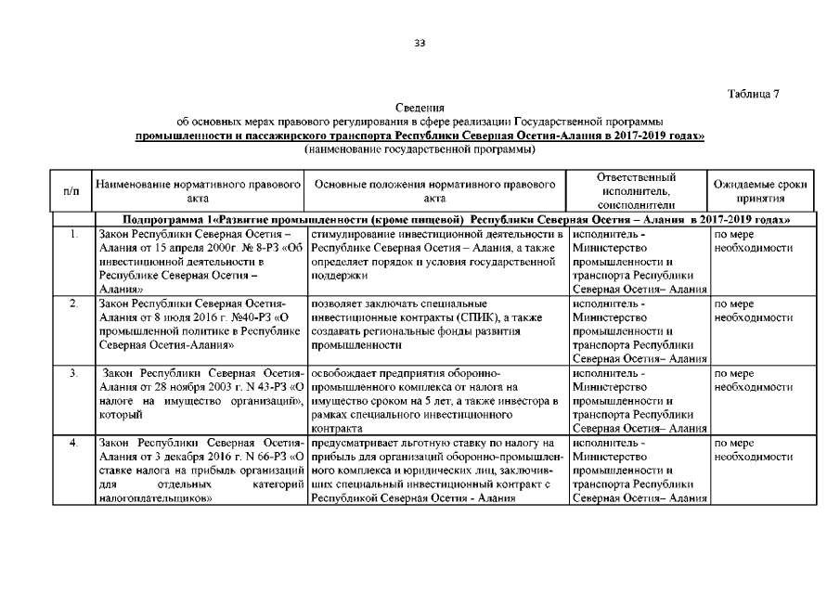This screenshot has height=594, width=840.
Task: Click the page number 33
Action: [420, 43]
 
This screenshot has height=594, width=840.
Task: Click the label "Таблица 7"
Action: [758, 95]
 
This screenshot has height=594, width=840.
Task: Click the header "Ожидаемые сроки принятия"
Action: [759, 191]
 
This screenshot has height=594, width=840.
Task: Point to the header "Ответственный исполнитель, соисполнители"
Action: [636, 190]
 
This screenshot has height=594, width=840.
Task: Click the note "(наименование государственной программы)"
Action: [420, 148]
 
